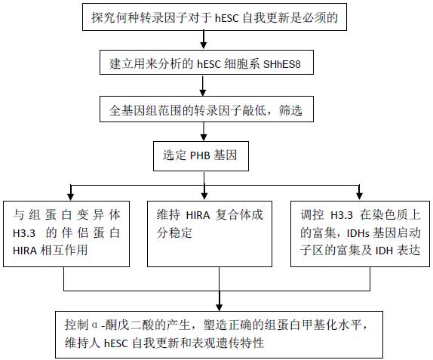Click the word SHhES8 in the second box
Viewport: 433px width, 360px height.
(x=281, y=64)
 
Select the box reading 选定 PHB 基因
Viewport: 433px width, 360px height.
(x=201, y=156)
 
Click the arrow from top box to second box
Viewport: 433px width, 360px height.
(x=203, y=40)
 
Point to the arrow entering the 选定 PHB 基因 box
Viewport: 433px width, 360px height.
(x=204, y=131)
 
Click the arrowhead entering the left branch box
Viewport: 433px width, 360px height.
(x=71, y=196)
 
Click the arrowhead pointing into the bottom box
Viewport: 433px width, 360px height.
(x=220, y=307)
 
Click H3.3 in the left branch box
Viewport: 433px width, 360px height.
(x=24, y=234)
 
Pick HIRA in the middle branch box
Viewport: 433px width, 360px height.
(x=198, y=215)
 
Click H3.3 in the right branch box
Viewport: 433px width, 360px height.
(x=342, y=215)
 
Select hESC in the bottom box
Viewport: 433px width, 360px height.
(x=116, y=343)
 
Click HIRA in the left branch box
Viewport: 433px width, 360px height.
(x=25, y=251)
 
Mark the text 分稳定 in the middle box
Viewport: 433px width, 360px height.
(x=174, y=233)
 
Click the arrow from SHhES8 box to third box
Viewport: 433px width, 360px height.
(x=203, y=85)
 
